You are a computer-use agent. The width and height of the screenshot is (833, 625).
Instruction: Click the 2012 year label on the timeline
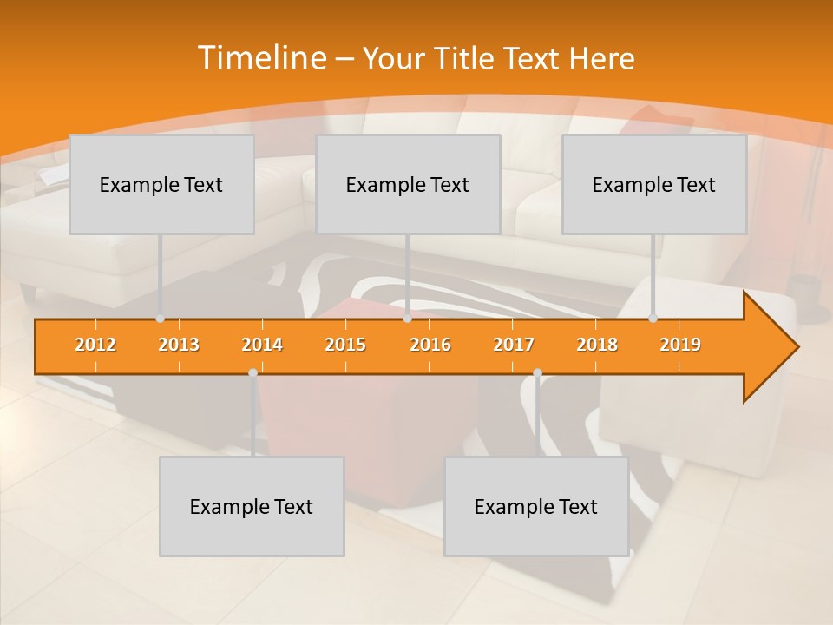point(95,345)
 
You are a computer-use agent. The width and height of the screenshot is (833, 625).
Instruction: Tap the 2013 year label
point(179,345)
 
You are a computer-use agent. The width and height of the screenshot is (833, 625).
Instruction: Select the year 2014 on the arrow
point(262,345)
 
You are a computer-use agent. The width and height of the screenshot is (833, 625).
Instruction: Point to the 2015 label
point(345,345)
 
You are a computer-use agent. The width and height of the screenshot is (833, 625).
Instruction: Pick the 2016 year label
point(430,345)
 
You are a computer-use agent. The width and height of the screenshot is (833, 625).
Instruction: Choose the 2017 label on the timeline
point(514,345)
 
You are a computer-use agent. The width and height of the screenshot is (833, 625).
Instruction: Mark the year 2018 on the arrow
point(597,345)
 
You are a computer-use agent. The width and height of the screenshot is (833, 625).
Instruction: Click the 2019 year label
point(680,345)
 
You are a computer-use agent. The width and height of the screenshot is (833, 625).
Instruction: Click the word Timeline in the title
point(261,58)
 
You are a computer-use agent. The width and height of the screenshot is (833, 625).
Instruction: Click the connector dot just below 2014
point(253,372)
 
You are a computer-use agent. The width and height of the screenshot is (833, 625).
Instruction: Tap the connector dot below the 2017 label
point(537,372)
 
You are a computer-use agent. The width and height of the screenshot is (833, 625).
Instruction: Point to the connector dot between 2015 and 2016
point(407,319)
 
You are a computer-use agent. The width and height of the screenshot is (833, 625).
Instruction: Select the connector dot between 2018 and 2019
point(653,319)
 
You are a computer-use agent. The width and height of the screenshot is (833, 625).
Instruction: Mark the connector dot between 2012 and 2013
point(161,319)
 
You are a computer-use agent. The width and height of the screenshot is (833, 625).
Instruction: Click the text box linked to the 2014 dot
point(252,506)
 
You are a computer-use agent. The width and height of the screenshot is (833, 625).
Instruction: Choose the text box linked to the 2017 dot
point(536,506)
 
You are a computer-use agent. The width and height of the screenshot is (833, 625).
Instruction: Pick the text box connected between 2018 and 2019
point(654,184)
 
